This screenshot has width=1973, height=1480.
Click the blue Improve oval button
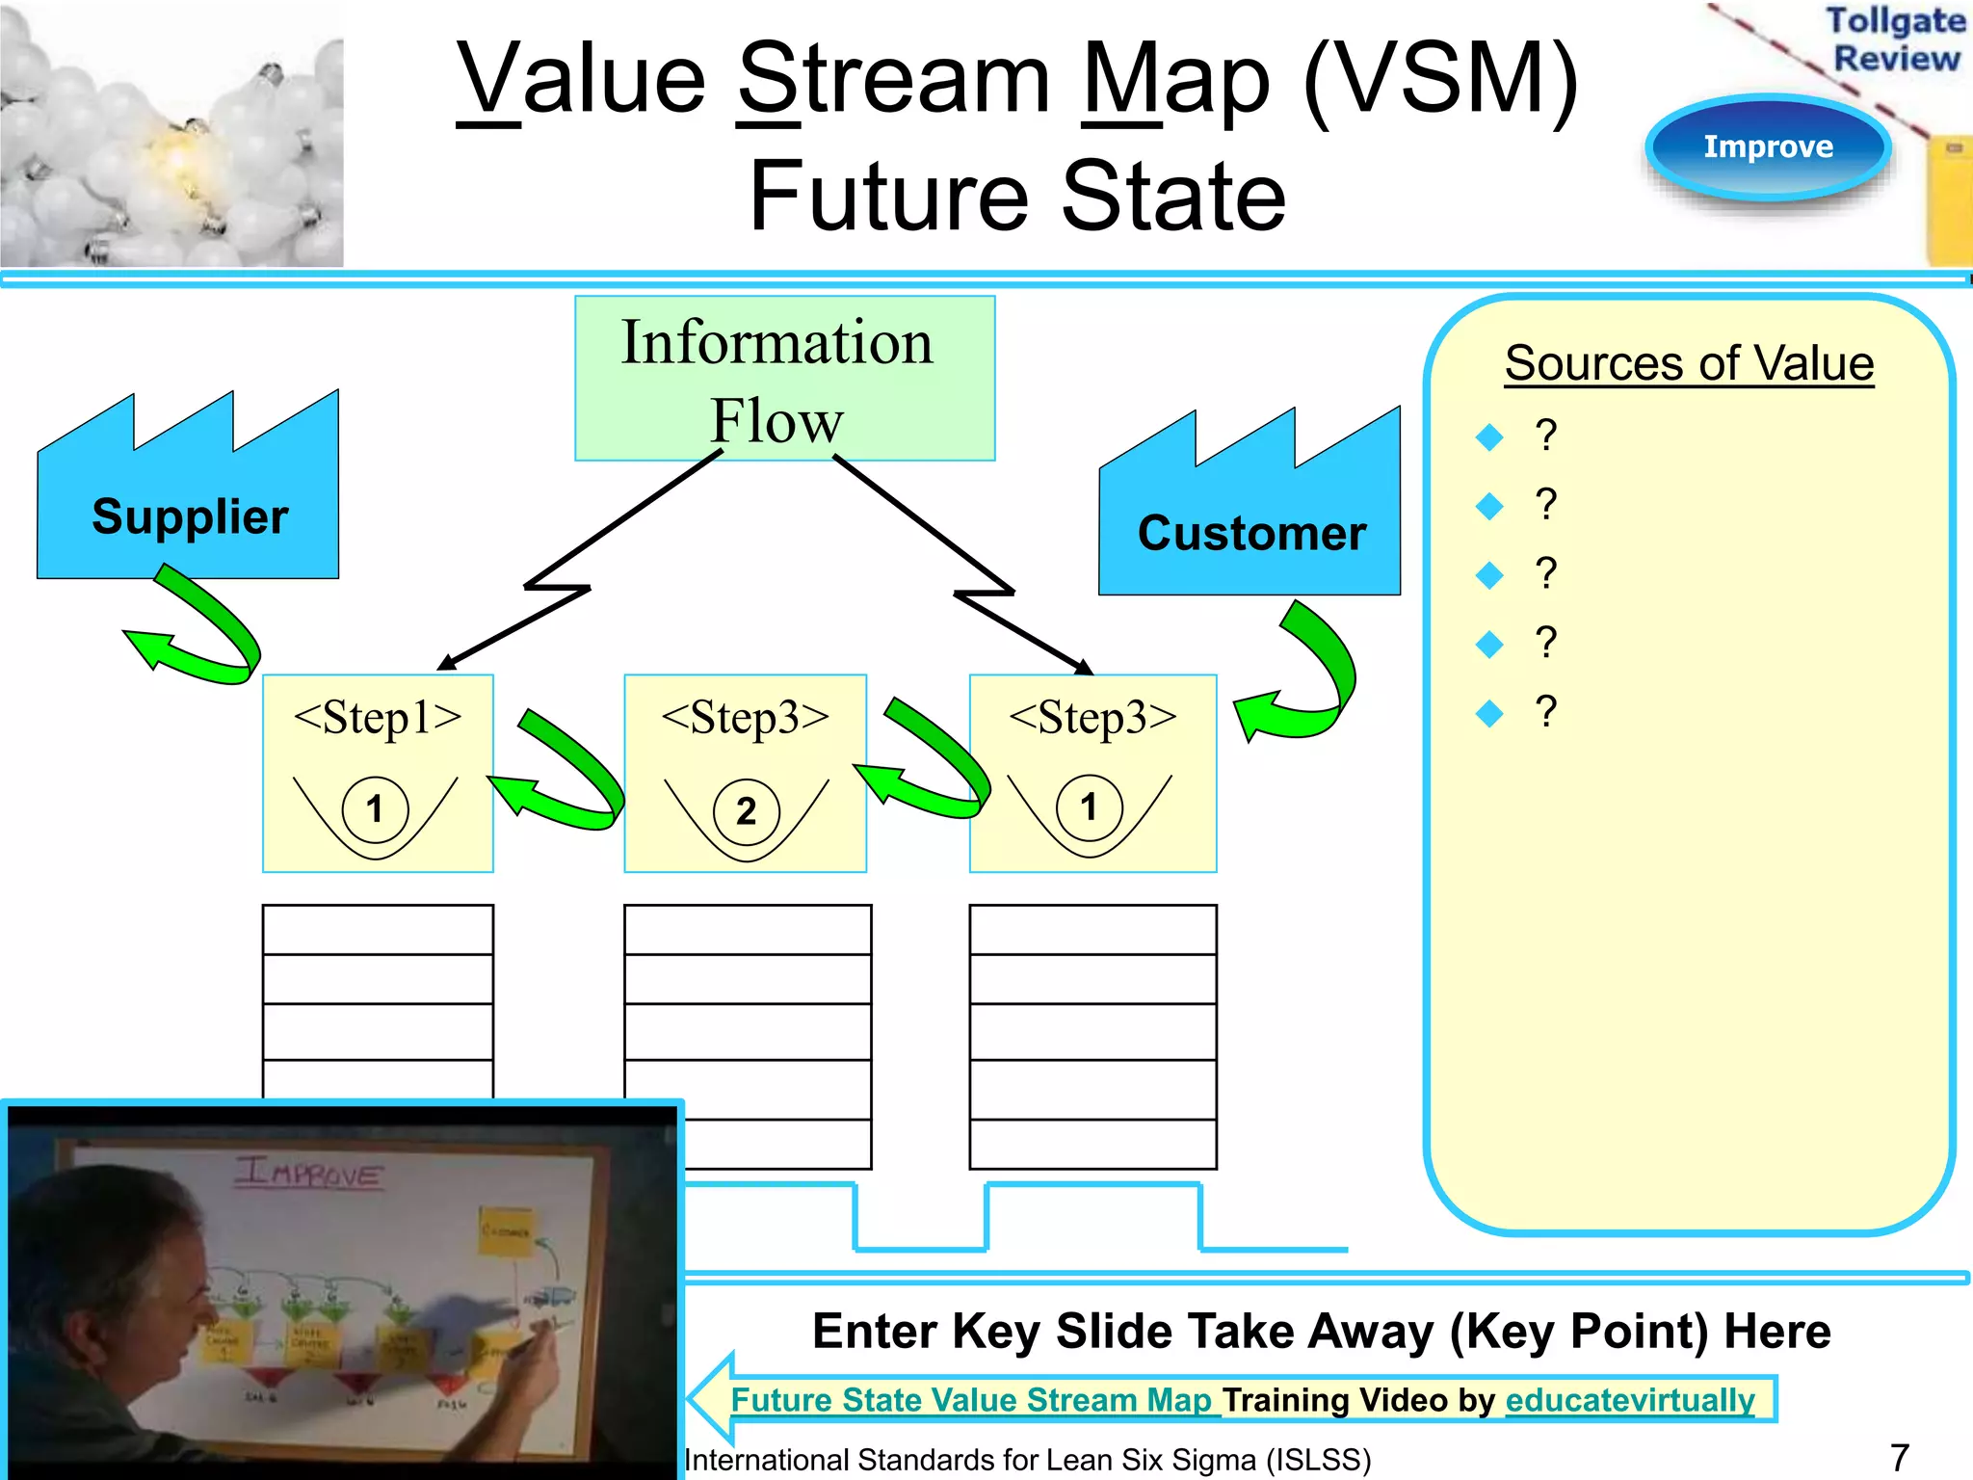[1768, 146]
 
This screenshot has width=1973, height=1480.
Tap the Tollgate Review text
[1894, 39]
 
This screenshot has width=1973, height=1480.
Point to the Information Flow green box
[783, 379]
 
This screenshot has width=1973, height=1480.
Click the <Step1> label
[378, 717]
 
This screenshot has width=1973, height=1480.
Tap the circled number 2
[746, 811]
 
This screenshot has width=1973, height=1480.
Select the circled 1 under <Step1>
[375, 807]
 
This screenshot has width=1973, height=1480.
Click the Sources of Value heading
[1689, 363]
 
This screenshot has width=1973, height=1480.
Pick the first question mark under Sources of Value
[1545, 436]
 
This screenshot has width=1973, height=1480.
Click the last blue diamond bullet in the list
[1489, 713]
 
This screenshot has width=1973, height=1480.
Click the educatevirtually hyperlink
[1630, 1399]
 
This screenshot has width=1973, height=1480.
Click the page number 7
[1899, 1457]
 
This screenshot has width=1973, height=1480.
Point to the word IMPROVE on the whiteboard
[310, 1173]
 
